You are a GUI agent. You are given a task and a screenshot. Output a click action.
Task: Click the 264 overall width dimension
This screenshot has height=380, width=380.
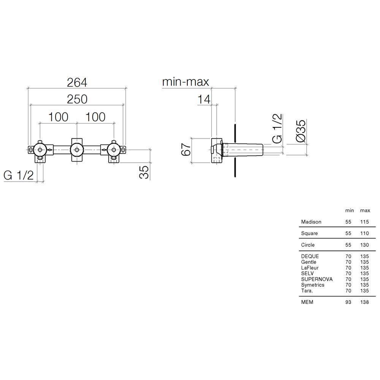(77, 82)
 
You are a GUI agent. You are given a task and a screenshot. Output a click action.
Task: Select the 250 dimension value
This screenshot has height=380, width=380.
(77, 99)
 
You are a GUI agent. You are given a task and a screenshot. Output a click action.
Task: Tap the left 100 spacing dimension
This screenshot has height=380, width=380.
(58, 117)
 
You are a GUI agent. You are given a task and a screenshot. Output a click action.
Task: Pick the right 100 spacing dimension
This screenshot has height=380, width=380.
(95, 117)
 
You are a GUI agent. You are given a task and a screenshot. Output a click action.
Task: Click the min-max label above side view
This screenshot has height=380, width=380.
(185, 82)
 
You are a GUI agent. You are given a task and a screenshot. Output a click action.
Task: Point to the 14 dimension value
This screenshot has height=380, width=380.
(204, 99)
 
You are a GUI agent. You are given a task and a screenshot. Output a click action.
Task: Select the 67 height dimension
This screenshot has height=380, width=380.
(186, 149)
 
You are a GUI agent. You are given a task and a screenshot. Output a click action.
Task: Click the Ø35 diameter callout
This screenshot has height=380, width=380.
(301, 131)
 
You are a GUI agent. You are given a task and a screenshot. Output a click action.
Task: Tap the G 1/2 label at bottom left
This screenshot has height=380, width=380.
(19, 175)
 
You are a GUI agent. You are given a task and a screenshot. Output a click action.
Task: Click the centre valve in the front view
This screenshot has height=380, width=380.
(77, 150)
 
